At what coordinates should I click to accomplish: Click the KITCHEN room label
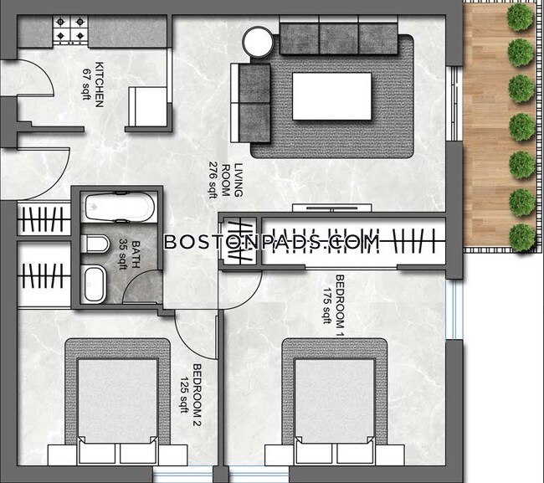click(100, 85)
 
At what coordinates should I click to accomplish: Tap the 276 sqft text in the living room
click(213, 180)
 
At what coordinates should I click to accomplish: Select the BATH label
click(136, 254)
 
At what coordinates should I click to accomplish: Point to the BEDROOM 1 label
click(340, 306)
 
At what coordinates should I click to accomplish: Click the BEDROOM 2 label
click(197, 395)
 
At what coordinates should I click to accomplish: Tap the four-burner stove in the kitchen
click(70, 30)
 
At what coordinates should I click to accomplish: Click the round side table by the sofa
click(258, 42)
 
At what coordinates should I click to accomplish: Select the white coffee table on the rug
click(331, 96)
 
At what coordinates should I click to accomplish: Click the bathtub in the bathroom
click(120, 207)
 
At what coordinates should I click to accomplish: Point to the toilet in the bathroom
click(95, 244)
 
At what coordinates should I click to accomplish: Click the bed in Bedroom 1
click(335, 402)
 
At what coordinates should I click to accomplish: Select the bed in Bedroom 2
click(118, 402)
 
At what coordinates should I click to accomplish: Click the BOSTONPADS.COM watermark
click(272, 242)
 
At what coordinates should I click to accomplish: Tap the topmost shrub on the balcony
click(520, 17)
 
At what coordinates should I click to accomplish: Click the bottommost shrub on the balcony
click(522, 238)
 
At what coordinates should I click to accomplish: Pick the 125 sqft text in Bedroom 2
click(184, 395)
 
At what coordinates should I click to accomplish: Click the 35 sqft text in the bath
click(123, 254)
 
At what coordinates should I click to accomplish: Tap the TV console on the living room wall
click(332, 208)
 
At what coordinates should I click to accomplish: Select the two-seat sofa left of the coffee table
click(250, 103)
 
